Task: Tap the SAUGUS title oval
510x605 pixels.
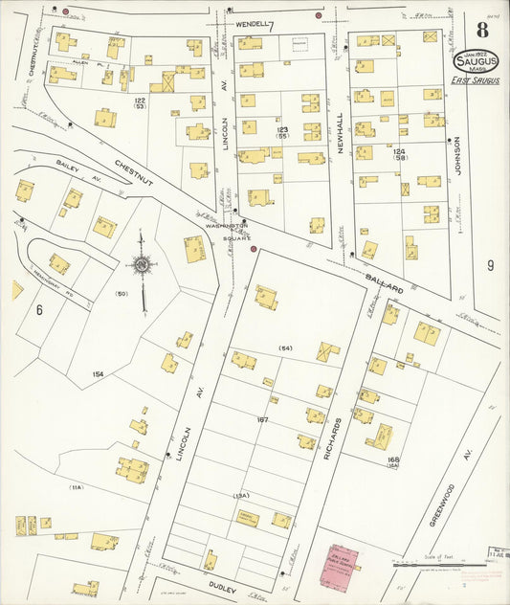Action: pyautogui.click(x=476, y=60)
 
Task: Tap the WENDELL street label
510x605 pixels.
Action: pyautogui.click(x=251, y=24)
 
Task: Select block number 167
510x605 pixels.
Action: pyautogui.click(x=262, y=420)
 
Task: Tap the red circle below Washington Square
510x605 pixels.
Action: pyautogui.click(x=254, y=249)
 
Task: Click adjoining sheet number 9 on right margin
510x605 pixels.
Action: pyautogui.click(x=489, y=266)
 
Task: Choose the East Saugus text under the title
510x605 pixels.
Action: pyautogui.click(x=473, y=80)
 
